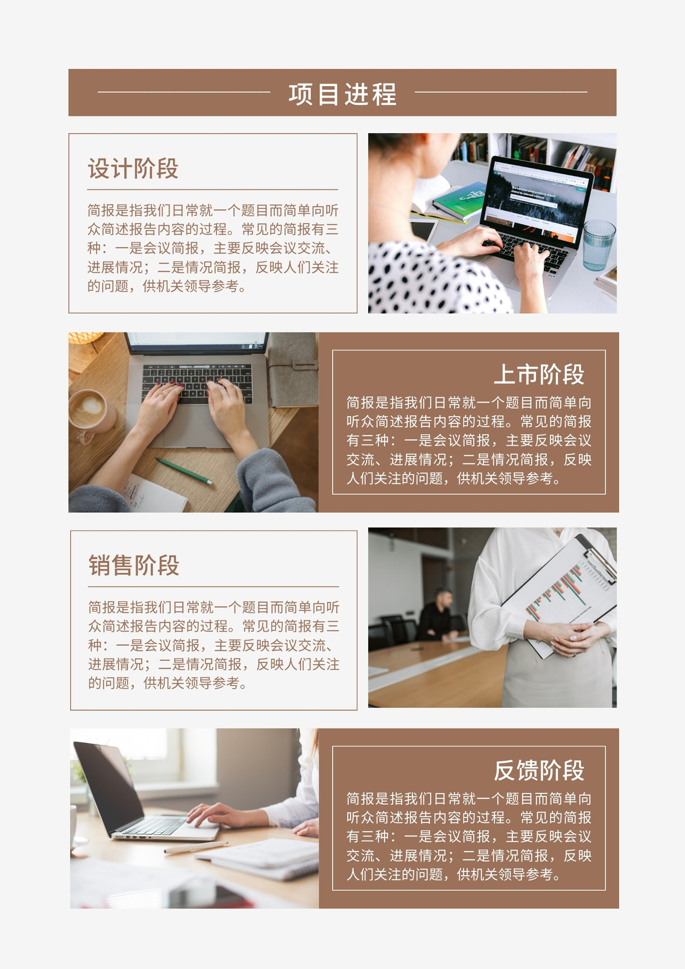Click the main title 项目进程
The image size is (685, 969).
[x=342, y=94]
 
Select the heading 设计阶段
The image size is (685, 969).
[x=133, y=168]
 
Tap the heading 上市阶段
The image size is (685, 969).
[x=539, y=374]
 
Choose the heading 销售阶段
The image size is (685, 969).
[x=134, y=565]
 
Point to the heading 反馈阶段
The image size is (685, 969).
[x=539, y=770]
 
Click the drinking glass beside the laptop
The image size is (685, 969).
[x=598, y=245]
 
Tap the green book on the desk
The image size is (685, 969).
[x=458, y=202]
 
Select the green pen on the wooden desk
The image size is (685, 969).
[x=184, y=471]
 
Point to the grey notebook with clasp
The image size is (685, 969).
[x=293, y=370]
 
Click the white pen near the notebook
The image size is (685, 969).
[x=196, y=847]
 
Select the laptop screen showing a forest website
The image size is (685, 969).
[x=536, y=201]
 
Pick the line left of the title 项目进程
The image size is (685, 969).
[x=184, y=92]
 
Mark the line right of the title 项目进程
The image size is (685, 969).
[x=501, y=92]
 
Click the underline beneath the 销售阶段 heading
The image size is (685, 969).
[x=213, y=587]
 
